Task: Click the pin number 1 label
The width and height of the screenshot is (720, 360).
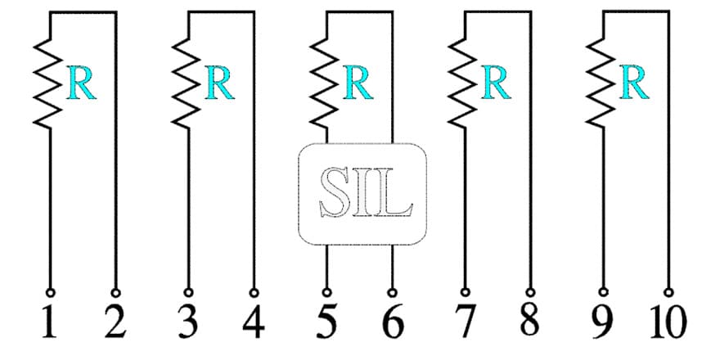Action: tap(50, 322)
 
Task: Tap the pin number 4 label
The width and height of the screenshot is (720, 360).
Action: tap(254, 322)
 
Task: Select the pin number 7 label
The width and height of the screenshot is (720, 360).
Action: tap(465, 322)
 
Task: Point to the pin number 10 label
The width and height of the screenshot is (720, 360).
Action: tap(668, 322)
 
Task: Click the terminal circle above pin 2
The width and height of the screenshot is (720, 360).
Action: tap(115, 293)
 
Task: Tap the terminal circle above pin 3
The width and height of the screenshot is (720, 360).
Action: tap(188, 293)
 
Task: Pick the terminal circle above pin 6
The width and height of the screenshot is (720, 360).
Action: tap(392, 293)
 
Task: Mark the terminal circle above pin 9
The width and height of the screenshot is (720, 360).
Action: tap(603, 292)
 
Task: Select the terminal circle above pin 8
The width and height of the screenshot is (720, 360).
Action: tap(530, 293)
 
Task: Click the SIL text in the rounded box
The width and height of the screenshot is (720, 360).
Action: tap(366, 192)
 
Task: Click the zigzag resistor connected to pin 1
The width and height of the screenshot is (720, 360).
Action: tap(47, 83)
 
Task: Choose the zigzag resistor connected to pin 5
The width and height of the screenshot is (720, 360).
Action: tap(324, 83)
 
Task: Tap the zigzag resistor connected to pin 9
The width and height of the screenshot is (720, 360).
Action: tap(601, 83)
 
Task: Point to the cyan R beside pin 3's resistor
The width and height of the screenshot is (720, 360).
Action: tap(220, 82)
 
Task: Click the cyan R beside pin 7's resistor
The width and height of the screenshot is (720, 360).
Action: tap(496, 82)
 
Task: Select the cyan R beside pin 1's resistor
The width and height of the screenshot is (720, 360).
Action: tap(81, 82)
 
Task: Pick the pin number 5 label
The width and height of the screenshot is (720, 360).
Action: tap(326, 322)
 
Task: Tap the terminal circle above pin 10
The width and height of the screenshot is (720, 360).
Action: tap(669, 293)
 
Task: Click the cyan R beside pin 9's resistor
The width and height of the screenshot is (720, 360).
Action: tap(634, 82)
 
